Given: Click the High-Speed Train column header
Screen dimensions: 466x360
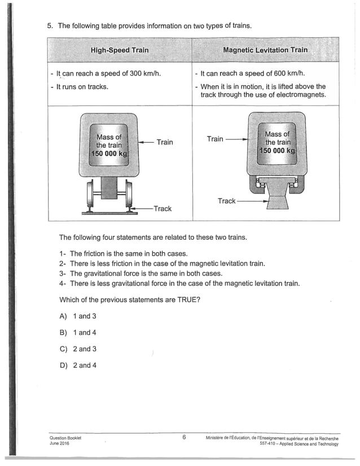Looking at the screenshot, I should point(120,50).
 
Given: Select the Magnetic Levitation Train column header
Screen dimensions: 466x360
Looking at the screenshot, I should point(265,50).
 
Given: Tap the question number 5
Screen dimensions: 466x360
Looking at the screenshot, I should point(49,25).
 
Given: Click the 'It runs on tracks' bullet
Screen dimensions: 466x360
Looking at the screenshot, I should point(79,86).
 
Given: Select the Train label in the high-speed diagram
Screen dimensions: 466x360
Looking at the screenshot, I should point(165,142).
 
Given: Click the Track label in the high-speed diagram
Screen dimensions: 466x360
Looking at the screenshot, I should point(162,209).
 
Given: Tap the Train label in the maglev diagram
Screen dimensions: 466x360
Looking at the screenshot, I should point(215,139).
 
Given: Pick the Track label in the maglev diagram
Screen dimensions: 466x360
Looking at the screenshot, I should point(226,201).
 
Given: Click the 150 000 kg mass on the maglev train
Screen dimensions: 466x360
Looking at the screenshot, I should point(276,151).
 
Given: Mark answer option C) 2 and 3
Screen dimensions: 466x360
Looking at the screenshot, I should point(78,349).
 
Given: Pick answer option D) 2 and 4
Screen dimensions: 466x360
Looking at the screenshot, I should point(78,365).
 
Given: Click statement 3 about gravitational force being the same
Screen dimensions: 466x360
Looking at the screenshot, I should point(141,273).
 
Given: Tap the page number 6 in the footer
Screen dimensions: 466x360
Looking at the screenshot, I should point(184,437).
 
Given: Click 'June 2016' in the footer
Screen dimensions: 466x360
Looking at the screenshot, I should point(60,443).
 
